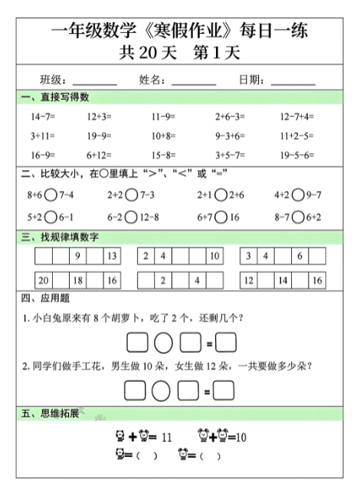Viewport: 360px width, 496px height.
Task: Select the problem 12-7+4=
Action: (297, 117)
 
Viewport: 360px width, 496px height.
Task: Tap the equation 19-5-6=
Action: (297, 154)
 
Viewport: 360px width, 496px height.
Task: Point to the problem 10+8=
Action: (163, 136)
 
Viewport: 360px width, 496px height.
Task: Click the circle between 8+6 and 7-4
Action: (51, 195)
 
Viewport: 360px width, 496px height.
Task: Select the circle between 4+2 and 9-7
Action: (298, 195)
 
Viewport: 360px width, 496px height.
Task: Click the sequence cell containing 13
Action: (112, 256)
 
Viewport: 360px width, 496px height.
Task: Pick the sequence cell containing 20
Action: (44, 281)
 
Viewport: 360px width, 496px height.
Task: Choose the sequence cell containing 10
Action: (214, 256)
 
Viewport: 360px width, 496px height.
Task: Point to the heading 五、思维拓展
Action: (51, 414)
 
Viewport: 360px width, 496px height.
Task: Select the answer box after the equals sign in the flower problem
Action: (224, 391)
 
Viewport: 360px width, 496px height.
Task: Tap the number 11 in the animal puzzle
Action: (167, 438)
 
